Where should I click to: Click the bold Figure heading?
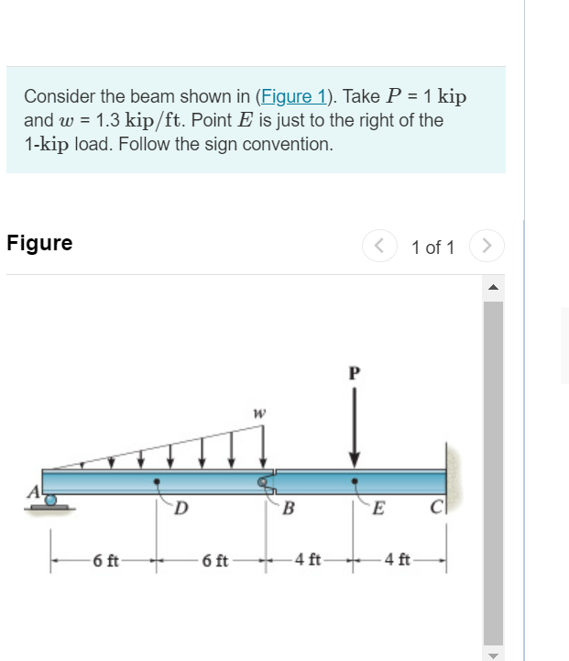39,244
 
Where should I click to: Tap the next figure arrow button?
487,246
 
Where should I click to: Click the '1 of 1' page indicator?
432,247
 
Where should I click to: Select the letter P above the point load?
355,373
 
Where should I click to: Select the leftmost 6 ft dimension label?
104,559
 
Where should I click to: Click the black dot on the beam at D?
158,480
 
